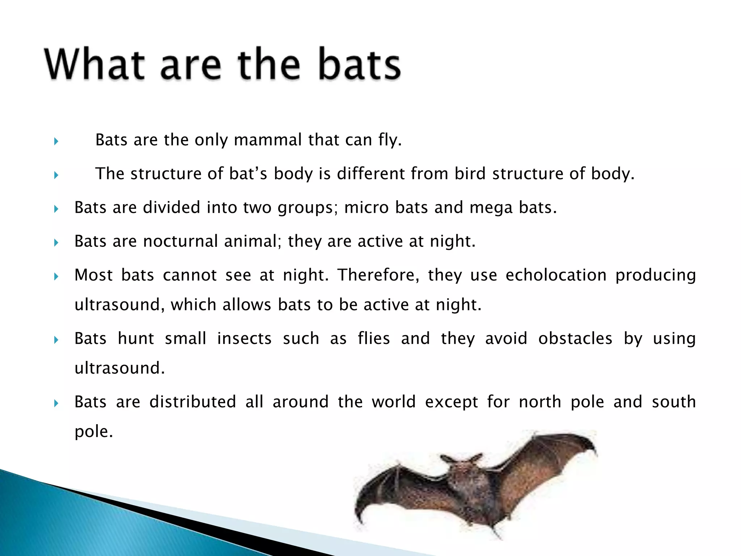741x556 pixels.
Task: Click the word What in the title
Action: [95, 64]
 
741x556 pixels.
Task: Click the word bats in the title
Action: [359, 64]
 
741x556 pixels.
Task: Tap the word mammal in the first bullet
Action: [268, 140]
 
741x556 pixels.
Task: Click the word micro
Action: [366, 207]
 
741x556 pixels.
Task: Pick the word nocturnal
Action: [180, 241]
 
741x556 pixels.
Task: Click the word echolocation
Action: [556, 275]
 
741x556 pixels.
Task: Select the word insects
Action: [244, 338]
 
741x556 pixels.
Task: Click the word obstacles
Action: [575, 338]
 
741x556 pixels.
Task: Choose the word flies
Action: [374, 338]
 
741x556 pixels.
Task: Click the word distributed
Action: [192, 402]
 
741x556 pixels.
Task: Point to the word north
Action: [540, 402]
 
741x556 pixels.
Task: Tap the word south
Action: [674, 402]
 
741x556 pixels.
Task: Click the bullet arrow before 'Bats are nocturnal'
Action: [56, 243]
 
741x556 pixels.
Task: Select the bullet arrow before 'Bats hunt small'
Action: [56, 340]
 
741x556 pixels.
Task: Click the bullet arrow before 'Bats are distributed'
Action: [56, 403]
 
